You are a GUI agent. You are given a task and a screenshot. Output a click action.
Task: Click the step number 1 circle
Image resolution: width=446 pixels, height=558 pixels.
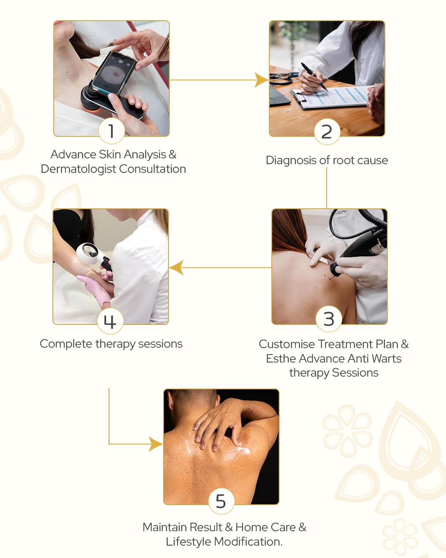click(111, 131)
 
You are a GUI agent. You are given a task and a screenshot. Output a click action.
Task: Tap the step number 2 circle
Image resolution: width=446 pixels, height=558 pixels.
click(327, 131)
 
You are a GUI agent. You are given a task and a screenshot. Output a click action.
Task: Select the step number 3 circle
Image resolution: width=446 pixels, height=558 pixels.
click(329, 319)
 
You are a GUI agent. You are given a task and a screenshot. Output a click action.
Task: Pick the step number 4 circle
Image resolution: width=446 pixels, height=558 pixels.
click(110, 321)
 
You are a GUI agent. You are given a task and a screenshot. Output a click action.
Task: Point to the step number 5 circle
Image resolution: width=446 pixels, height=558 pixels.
click(221, 501)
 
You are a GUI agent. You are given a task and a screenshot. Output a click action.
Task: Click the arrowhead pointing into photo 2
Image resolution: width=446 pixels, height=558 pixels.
click(261, 80)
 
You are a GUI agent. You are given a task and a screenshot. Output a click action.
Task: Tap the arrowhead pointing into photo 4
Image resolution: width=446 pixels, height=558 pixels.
click(176, 267)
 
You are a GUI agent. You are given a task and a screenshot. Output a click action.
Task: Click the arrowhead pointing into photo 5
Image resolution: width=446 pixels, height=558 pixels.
click(156, 444)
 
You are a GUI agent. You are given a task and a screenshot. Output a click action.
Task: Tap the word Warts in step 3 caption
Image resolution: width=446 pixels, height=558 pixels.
click(387, 359)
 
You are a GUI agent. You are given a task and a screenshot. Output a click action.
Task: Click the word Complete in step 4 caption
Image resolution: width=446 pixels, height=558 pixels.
click(66, 344)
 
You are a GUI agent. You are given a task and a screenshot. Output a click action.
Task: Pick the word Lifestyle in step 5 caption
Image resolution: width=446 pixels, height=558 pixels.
click(188, 541)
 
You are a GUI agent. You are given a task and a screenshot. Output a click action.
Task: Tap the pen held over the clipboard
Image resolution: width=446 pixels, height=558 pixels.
click(315, 77)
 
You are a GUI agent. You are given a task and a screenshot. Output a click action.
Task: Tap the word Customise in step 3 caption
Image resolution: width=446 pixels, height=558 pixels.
click(287, 344)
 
